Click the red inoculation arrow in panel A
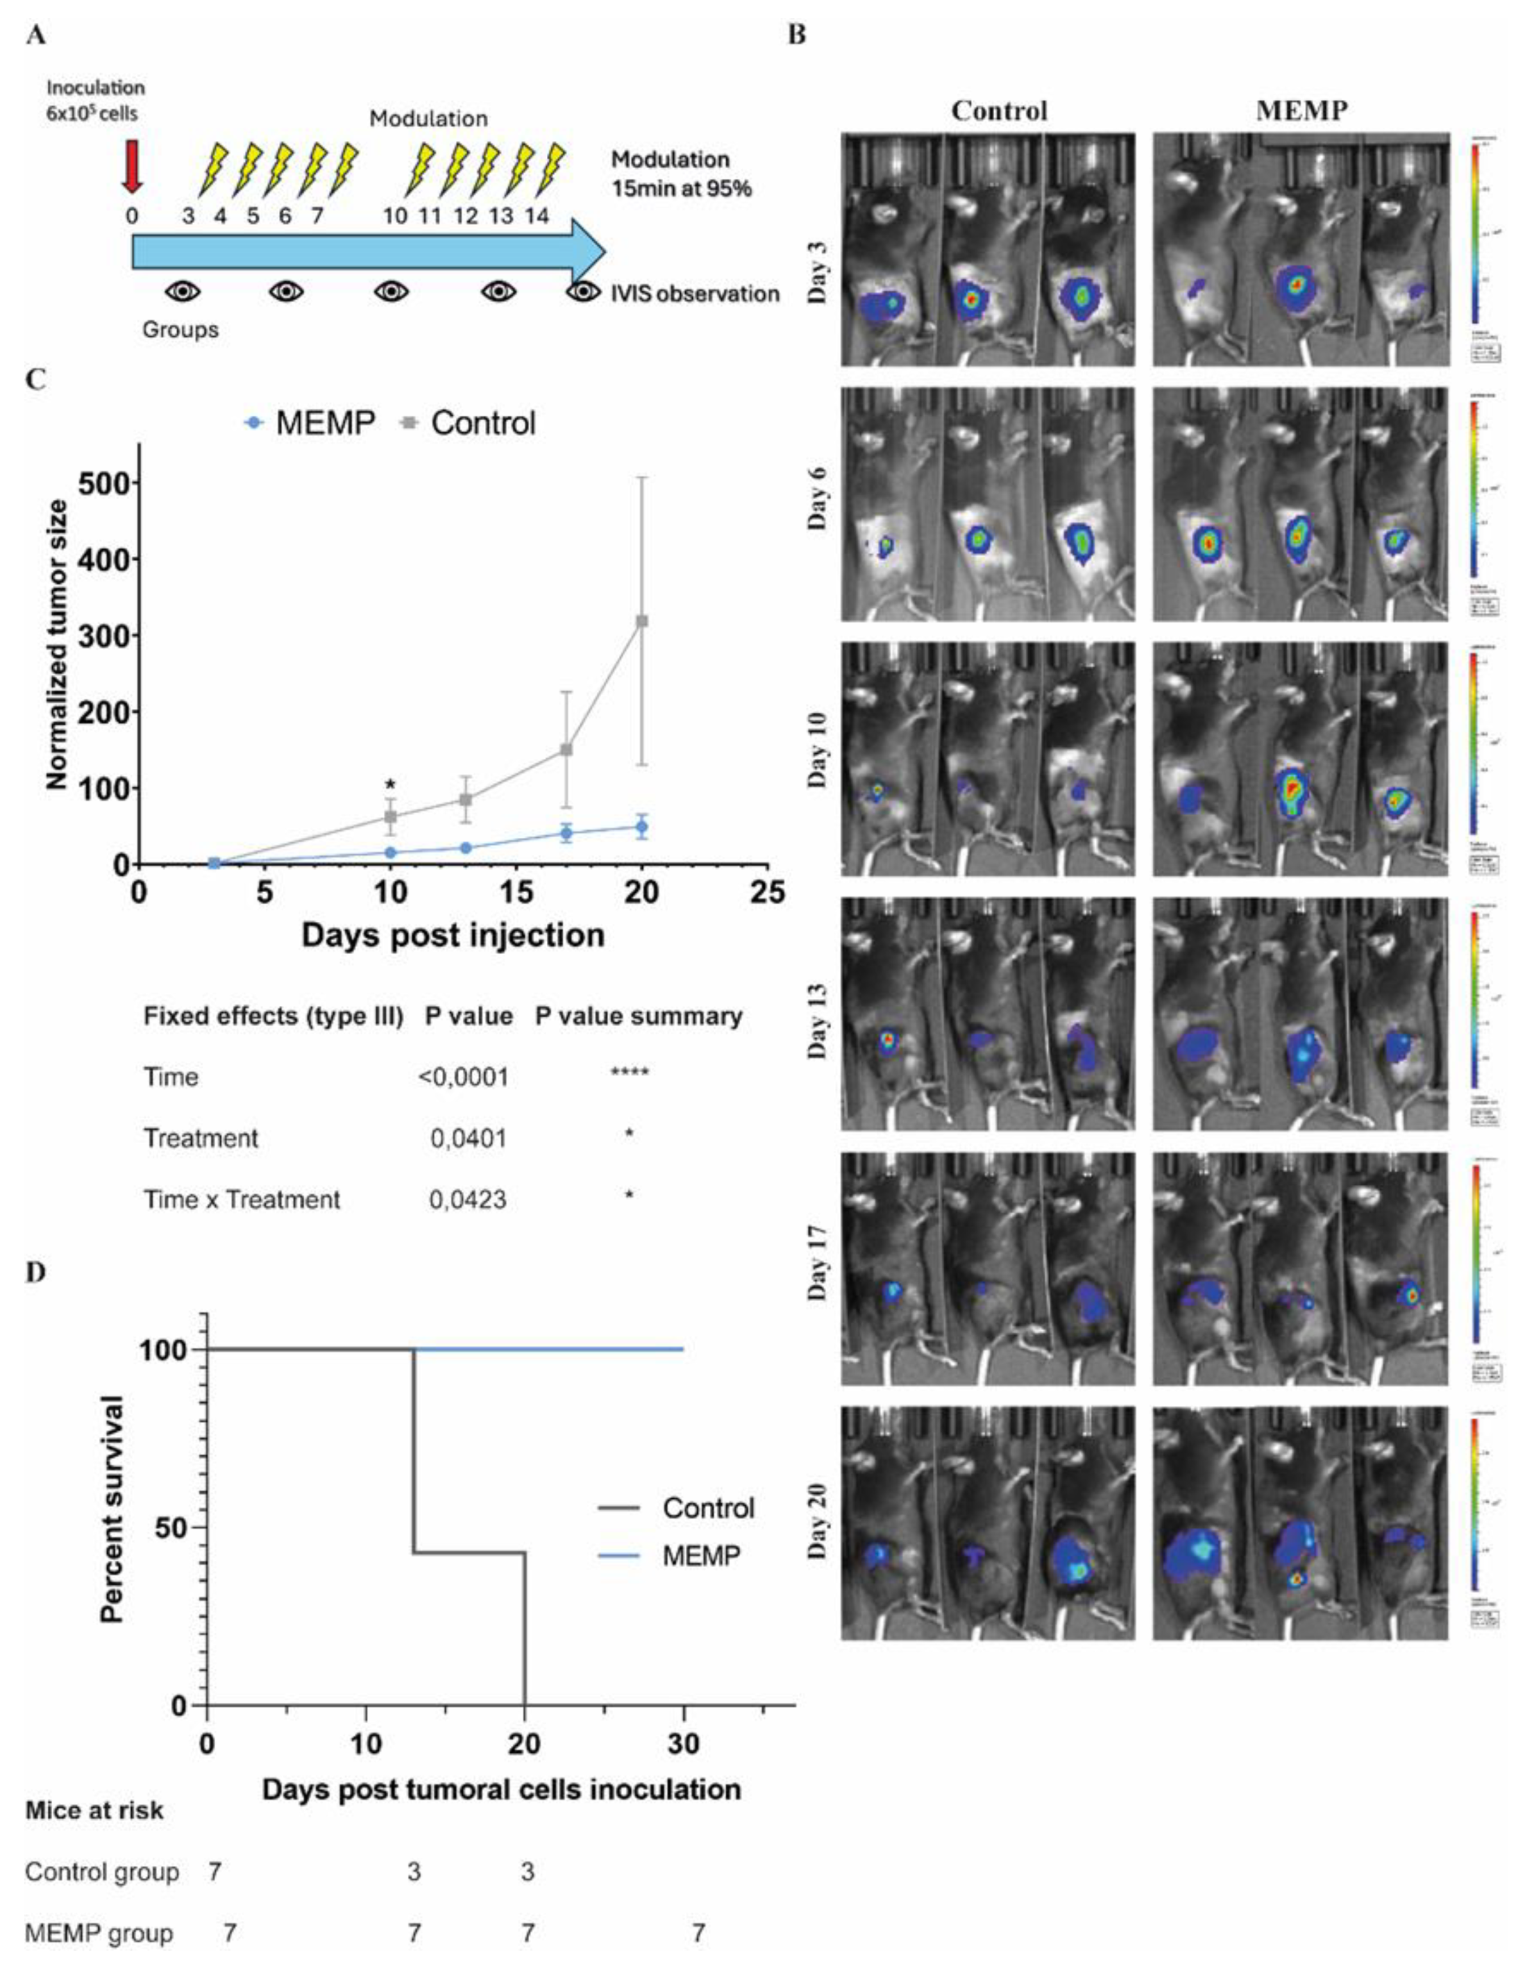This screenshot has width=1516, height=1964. [132, 171]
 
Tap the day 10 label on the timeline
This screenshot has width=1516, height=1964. [395, 216]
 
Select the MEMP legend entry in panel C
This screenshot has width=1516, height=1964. [310, 423]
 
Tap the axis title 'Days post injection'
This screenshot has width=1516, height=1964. [453, 935]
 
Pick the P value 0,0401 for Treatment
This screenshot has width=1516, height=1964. [467, 1138]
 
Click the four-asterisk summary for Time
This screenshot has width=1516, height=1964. [629, 1073]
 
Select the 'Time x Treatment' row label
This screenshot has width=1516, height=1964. [242, 1200]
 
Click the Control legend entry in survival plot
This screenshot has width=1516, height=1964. [707, 1508]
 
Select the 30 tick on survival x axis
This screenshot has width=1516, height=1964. [684, 1744]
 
